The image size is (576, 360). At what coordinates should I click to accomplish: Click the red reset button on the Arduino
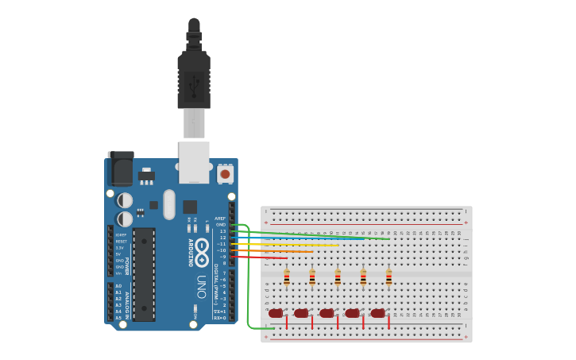[225, 173]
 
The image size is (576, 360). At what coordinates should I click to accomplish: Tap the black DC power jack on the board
[120, 168]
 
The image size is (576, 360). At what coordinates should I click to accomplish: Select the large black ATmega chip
[144, 275]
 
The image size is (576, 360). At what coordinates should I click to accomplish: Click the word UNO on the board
[202, 286]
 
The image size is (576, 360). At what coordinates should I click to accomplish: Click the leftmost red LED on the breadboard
[276, 313]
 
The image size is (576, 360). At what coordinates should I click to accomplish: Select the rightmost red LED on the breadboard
[377, 313]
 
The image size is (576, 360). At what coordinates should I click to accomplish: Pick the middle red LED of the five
[327, 313]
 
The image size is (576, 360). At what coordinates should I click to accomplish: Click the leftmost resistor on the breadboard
[287, 278]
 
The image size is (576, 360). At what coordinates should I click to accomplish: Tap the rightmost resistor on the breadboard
[389, 278]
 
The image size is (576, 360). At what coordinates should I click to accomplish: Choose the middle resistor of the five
[338, 278]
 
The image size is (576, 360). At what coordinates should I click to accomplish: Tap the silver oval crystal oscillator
[169, 204]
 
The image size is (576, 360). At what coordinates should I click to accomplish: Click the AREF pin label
[220, 219]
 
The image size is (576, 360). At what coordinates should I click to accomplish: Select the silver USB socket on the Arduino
[194, 161]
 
